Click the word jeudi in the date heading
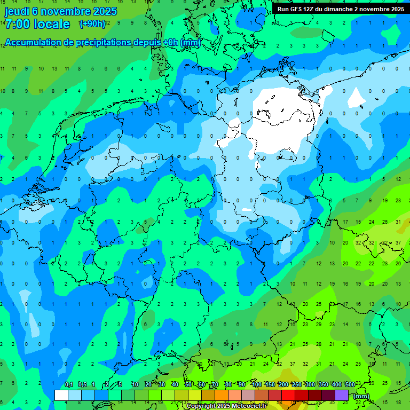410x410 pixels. [x=16, y=11]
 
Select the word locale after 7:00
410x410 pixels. [x=52, y=24]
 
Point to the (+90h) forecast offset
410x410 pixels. [x=92, y=24]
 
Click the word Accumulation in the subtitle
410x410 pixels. [x=33, y=43]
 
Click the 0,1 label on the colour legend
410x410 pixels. [x=69, y=385]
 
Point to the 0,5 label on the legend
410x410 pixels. [x=82, y=385]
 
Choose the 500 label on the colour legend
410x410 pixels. [x=350, y=385]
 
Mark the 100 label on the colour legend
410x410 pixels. [x=257, y=385]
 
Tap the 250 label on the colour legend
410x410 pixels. [x=297, y=385]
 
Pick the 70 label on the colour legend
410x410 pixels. [x=215, y=385]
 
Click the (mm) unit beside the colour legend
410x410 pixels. [x=361, y=396]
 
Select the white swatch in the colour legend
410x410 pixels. [x=61, y=395]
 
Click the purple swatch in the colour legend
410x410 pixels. [x=342, y=395]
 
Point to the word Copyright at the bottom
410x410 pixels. [x=201, y=406]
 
